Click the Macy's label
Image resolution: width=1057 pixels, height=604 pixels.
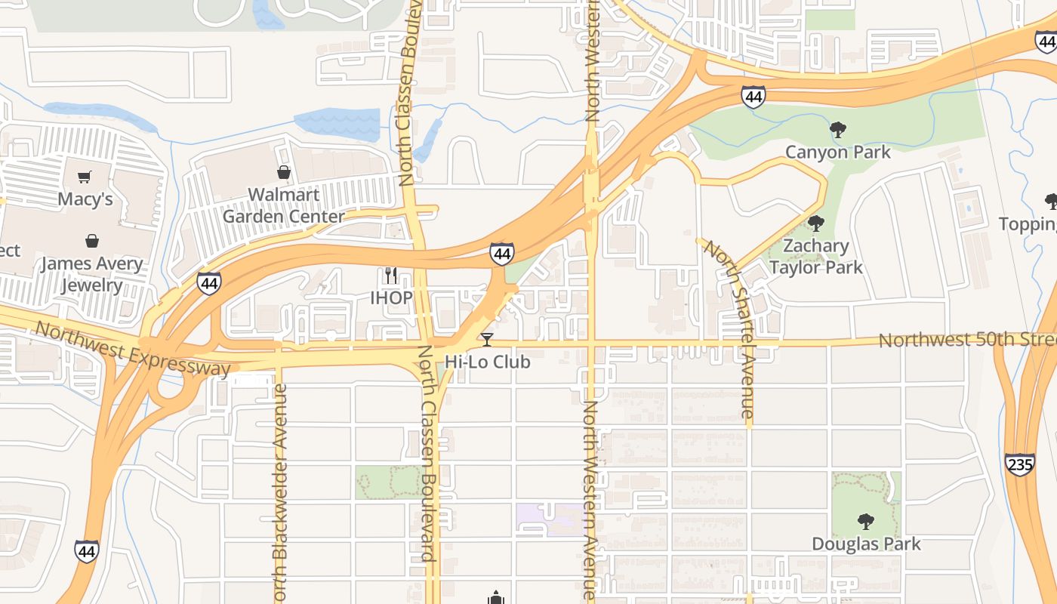(x=86, y=199)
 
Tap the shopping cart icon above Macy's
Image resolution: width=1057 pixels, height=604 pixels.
(x=85, y=177)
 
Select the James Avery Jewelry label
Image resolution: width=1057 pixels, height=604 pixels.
(x=91, y=274)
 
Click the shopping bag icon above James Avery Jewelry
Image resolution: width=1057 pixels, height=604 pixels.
(x=91, y=241)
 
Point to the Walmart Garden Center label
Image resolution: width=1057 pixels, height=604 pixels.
(x=283, y=205)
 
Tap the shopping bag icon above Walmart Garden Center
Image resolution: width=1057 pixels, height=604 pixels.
(x=284, y=172)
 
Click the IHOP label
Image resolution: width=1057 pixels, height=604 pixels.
(x=391, y=297)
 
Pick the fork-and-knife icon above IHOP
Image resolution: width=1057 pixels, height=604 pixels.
(x=390, y=276)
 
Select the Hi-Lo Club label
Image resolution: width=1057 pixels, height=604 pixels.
(x=487, y=362)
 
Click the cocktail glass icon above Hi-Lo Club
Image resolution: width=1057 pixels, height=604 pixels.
(x=487, y=340)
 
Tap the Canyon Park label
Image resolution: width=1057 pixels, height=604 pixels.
(x=838, y=152)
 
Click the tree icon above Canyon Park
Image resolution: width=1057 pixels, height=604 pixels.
(x=838, y=130)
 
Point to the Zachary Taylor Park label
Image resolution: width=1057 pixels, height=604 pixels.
(x=815, y=257)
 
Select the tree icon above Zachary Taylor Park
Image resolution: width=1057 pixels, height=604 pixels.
(x=815, y=223)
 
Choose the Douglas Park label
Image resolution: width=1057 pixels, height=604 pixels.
(x=866, y=544)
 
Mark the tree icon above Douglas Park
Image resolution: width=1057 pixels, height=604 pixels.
(x=866, y=521)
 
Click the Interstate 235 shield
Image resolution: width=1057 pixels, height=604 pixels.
(x=1019, y=464)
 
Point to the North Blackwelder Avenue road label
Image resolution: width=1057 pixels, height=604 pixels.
(x=279, y=491)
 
